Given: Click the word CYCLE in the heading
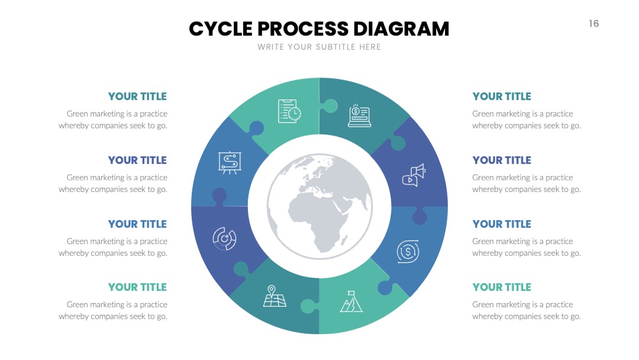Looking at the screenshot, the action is [x=221, y=29].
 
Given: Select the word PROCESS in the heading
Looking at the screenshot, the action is [x=303, y=29].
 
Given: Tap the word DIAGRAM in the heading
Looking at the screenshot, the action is [x=401, y=29].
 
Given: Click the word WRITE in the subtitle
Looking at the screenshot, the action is [x=270, y=47].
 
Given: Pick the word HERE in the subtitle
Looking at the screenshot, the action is [x=370, y=47].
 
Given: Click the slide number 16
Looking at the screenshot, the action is [x=594, y=24].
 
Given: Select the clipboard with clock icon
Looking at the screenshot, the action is [x=289, y=111].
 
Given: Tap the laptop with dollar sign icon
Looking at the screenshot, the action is [x=359, y=116].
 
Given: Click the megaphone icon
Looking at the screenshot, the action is [x=414, y=175].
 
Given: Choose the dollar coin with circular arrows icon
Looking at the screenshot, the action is [x=408, y=252].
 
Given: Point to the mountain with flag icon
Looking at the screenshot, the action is [x=351, y=302].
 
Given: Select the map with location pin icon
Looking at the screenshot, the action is [x=275, y=296].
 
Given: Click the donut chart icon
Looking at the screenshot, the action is [x=225, y=239].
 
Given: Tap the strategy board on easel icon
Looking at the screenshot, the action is [x=230, y=163].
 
